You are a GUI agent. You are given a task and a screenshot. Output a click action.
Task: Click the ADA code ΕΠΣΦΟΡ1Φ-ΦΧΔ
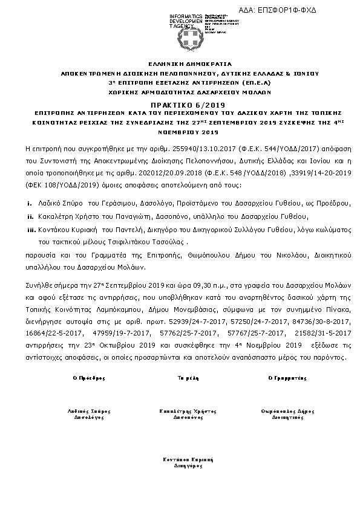(x=295, y=10)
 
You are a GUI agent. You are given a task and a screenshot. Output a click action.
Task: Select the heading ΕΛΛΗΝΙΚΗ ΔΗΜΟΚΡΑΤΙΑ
(x=180, y=63)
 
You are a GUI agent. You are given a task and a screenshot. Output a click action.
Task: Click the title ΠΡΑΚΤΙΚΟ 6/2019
(x=180, y=104)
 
